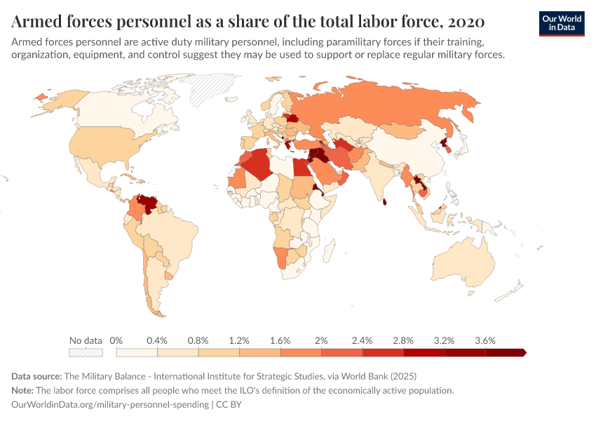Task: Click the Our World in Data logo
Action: tap(561, 23)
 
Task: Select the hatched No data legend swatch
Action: tap(86, 352)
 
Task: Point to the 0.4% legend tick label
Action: tap(157, 340)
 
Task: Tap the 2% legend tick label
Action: tap(321, 340)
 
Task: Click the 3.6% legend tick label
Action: tap(485, 340)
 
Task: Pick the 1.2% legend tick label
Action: tap(239, 340)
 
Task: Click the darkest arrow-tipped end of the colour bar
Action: tap(522, 352)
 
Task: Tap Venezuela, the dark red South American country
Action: tap(147, 204)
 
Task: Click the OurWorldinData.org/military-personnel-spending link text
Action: tap(111, 405)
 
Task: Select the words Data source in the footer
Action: tap(36, 376)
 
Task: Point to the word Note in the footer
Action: tap(22, 390)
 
